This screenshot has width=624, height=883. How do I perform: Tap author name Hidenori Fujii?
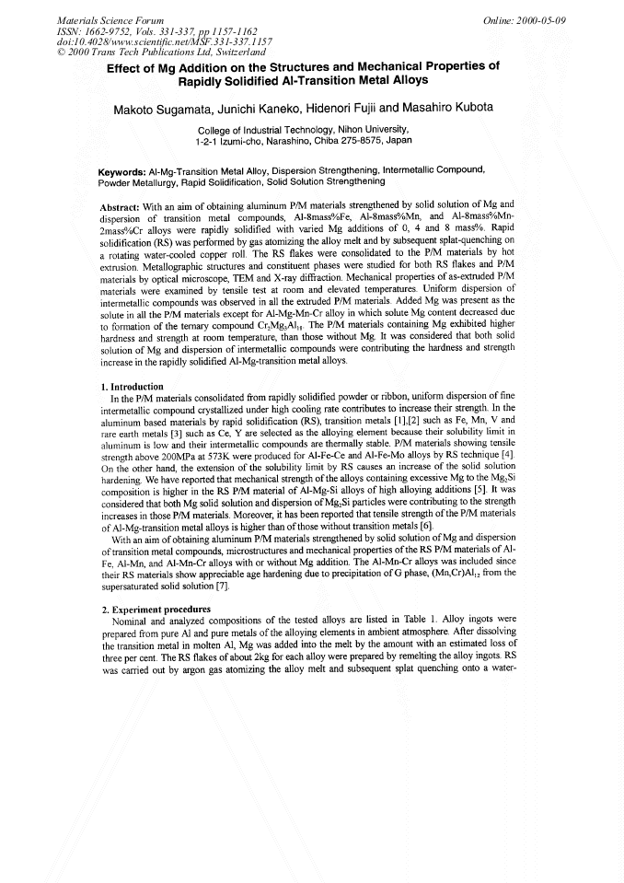(364, 109)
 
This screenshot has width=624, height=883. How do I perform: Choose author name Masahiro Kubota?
(465, 109)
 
